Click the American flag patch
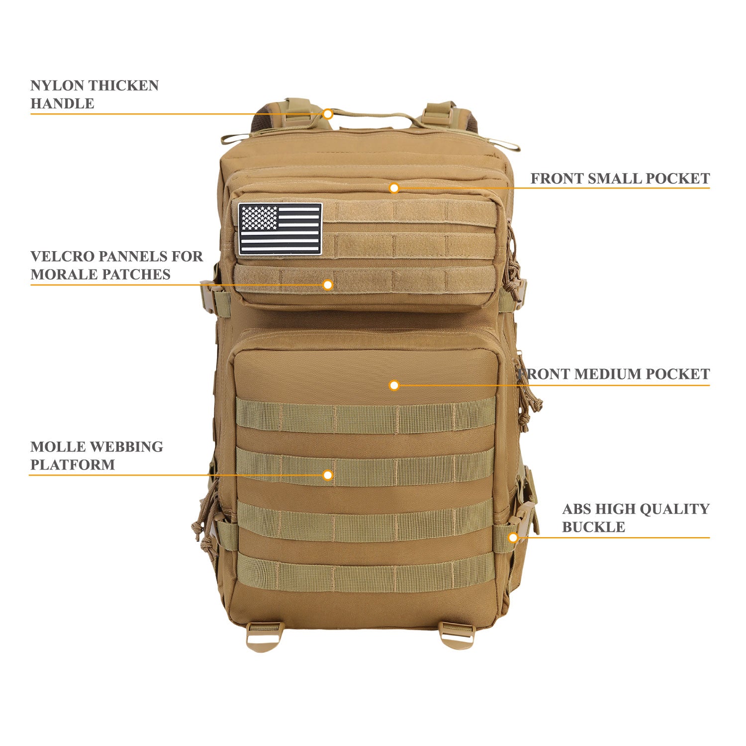(x=280, y=229)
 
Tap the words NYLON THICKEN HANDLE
(x=94, y=94)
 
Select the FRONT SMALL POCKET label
(x=620, y=179)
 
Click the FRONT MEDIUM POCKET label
(x=615, y=374)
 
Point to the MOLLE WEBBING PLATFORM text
(x=96, y=456)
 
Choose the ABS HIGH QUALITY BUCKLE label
(x=636, y=518)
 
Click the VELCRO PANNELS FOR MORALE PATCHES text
(x=116, y=265)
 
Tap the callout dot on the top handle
(x=327, y=114)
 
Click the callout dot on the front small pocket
(x=394, y=188)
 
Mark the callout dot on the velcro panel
(x=327, y=284)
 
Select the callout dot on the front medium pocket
(x=394, y=385)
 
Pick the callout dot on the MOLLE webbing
(x=327, y=475)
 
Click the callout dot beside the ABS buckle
(x=513, y=537)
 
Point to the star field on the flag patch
(x=258, y=218)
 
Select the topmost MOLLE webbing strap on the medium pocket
(x=366, y=415)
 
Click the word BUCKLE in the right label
(x=593, y=527)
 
